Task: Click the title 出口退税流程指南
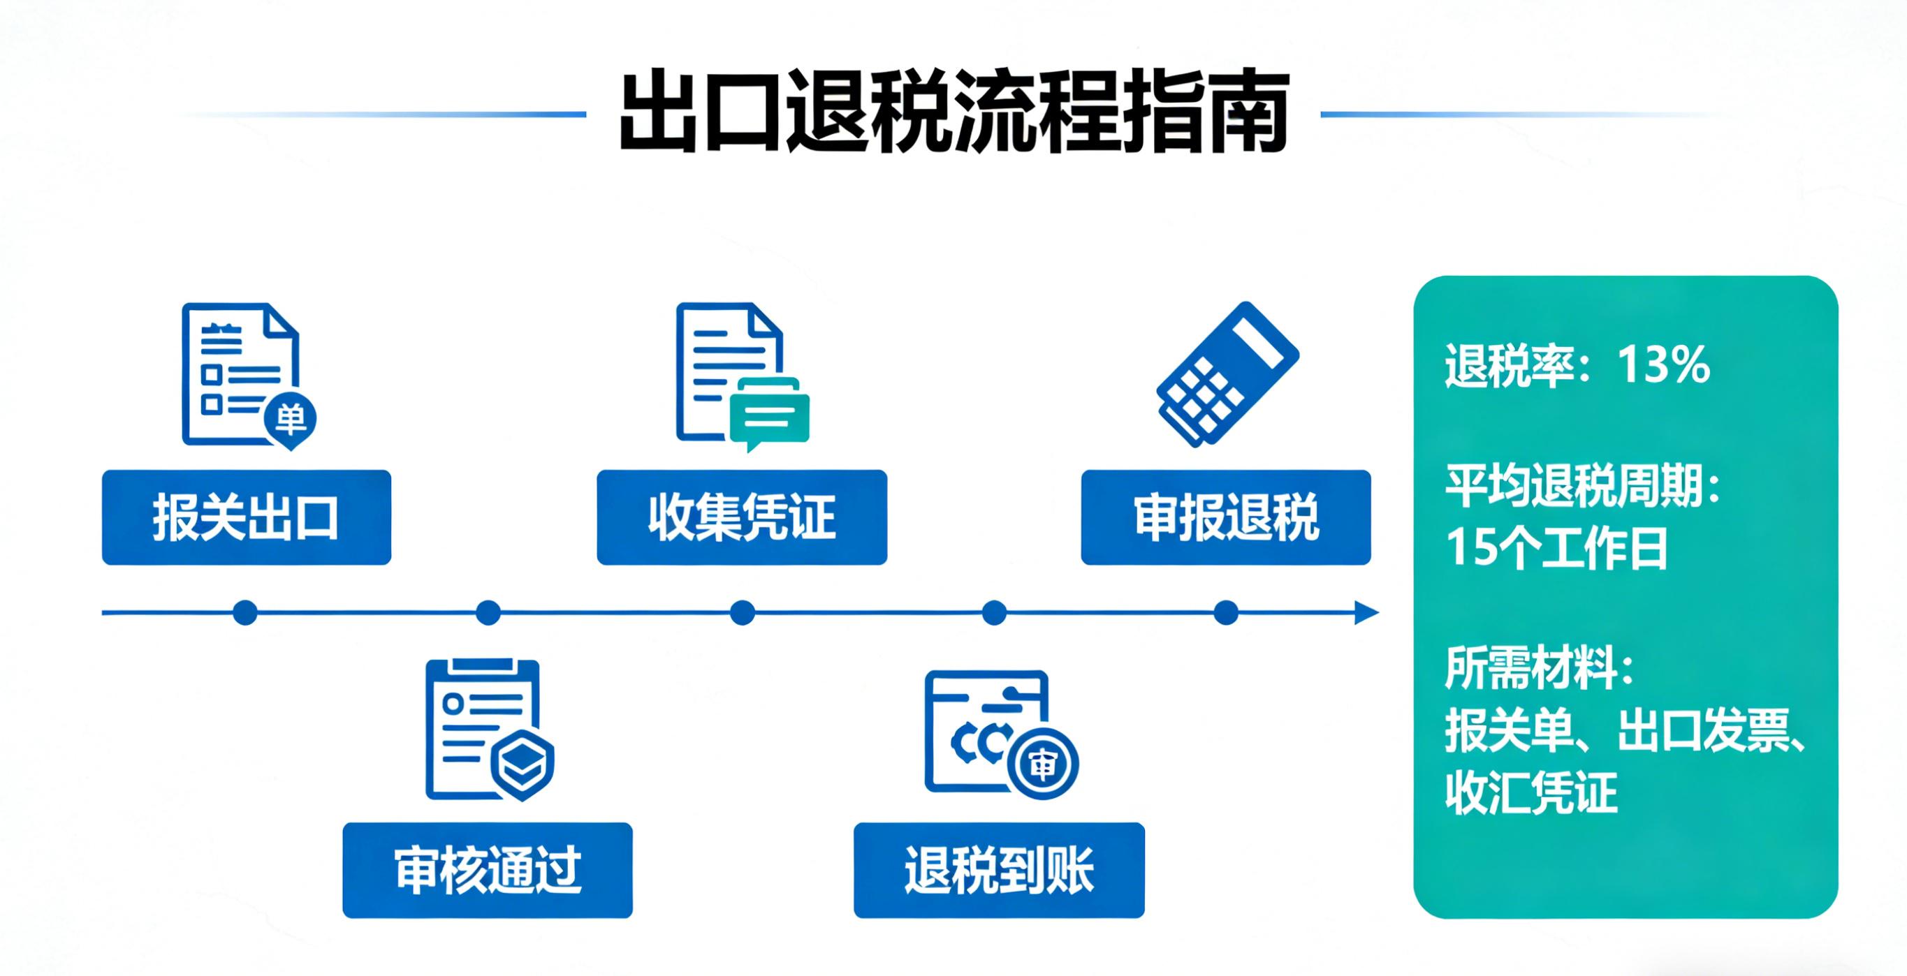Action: (x=953, y=113)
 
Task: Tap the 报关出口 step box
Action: (x=246, y=517)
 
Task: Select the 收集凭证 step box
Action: (x=742, y=517)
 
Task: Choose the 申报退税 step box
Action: (x=1225, y=517)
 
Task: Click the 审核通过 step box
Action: (x=487, y=870)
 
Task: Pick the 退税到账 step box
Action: (x=999, y=870)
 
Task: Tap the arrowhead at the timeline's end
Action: (x=1366, y=613)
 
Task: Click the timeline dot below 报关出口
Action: (x=245, y=613)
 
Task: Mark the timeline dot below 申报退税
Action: (x=1226, y=613)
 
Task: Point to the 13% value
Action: (x=1663, y=365)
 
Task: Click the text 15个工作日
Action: (x=1556, y=548)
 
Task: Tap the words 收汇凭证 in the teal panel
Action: (x=1531, y=792)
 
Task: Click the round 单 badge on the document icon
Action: (x=290, y=420)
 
